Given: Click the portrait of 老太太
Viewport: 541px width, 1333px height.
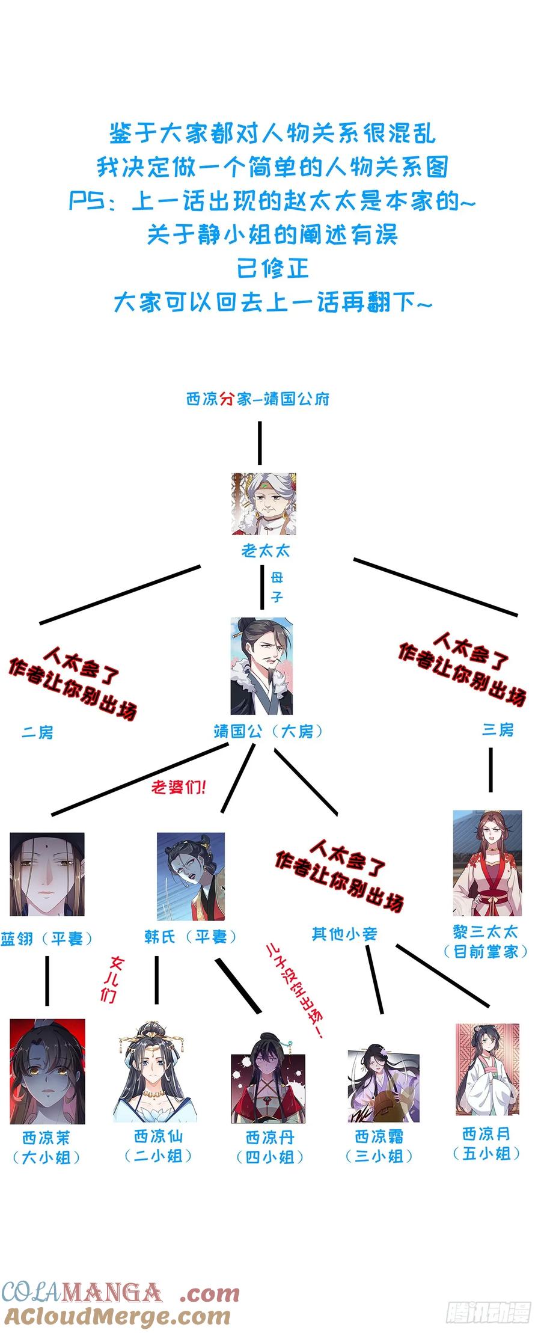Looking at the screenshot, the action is tap(264, 504).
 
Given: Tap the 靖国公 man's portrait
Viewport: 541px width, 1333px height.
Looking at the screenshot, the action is tap(261, 667).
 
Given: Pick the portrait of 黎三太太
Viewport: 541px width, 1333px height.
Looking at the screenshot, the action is tap(488, 863).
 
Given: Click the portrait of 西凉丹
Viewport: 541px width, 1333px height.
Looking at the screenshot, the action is tap(268, 1078).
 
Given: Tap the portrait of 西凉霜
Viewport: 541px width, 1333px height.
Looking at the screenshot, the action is tap(384, 1083).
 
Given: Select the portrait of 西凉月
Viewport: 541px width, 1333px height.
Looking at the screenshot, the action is tap(487, 1070).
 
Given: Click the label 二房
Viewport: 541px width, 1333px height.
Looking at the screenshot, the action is tap(38, 732).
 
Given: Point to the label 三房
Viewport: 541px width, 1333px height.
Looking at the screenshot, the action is tap(498, 730).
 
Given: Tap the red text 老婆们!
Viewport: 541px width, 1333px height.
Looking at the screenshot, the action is tap(179, 787).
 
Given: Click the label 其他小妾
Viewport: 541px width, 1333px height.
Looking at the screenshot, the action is tap(344, 934).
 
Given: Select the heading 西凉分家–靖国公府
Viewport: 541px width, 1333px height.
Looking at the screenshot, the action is tap(258, 399).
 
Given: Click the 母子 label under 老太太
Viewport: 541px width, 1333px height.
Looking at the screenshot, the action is tap(277, 587).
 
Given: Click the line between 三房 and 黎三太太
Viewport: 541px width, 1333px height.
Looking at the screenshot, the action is tap(491, 770).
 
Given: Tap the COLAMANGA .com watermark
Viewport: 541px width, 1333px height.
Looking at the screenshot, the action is tap(120, 1293).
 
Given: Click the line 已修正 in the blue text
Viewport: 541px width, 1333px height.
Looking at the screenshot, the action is tap(273, 268).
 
